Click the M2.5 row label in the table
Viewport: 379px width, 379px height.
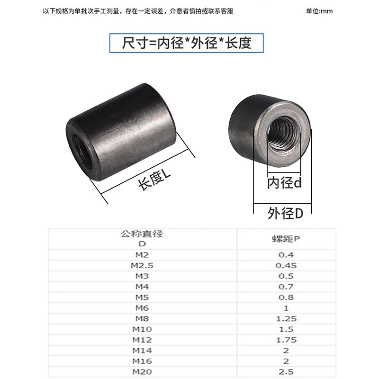142,265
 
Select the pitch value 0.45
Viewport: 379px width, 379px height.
286,265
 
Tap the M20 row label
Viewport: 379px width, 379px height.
142,372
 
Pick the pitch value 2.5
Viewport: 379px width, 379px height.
286,372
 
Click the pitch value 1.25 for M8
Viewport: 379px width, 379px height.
286,318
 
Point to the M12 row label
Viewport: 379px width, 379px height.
142,340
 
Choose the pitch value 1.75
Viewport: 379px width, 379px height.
286,340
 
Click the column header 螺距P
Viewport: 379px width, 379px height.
286,239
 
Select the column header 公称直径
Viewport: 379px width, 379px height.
142,234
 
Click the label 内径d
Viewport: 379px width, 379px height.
285,183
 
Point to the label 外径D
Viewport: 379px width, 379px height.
285,213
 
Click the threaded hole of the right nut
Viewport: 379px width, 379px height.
283,134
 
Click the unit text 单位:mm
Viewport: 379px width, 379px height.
319,11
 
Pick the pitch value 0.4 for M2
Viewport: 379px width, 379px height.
286,255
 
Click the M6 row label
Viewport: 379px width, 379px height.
142,308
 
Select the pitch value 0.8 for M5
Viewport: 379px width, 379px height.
286,298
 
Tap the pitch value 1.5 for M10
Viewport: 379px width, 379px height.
286,329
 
